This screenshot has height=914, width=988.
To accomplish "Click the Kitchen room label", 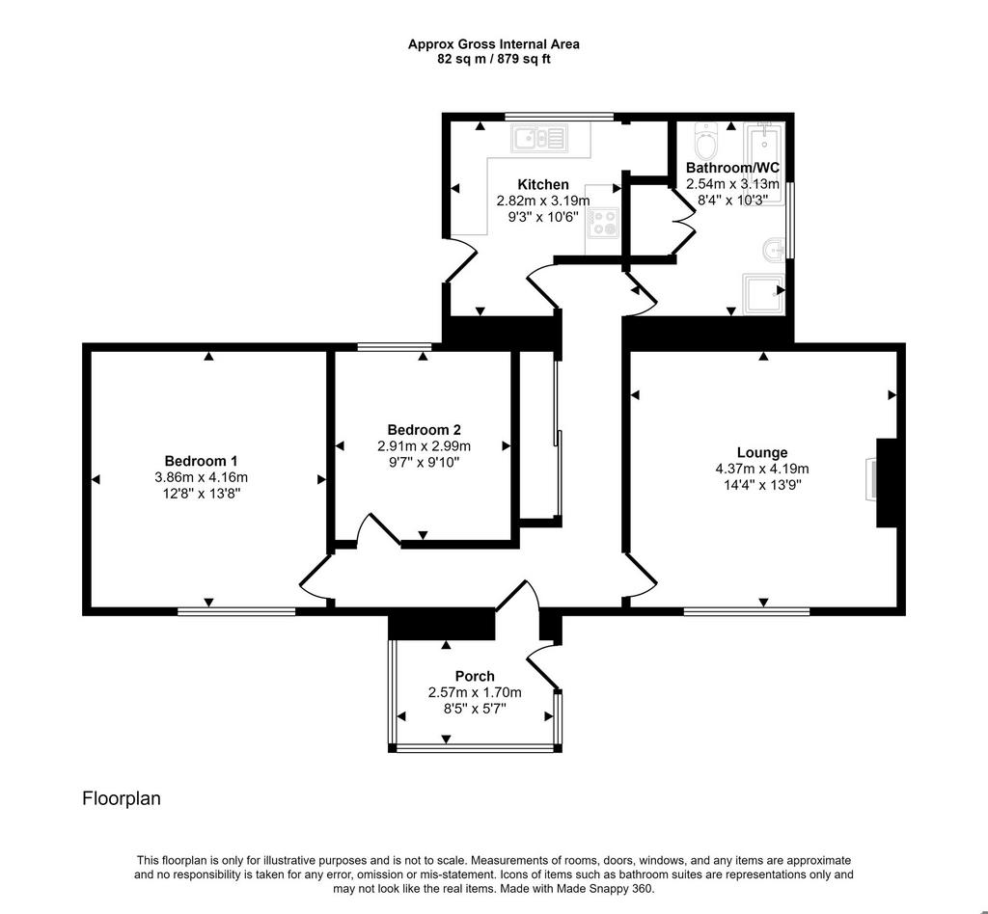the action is coord(543,184).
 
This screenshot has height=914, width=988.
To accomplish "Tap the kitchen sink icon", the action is coord(539,138).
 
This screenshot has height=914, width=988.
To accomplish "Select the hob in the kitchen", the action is coord(603,222).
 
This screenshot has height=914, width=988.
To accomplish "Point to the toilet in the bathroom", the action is coord(705,141).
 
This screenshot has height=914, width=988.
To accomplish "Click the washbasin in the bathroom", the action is coord(774,250).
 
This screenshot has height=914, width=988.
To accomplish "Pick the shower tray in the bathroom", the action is coord(764,293).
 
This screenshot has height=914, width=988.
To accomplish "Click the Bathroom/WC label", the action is coord(733,168).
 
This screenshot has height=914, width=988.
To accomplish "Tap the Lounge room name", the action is coord(762,452).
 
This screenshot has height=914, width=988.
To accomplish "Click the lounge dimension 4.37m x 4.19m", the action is coord(762,469).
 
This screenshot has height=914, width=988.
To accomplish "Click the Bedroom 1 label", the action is coord(201,461).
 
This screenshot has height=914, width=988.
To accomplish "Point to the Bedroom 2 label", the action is coord(425,430).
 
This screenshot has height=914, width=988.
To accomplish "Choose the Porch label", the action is coord(475,676).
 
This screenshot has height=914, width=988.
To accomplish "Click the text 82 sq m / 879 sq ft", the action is coord(494,60).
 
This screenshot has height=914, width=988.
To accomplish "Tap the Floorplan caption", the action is coord(122,798).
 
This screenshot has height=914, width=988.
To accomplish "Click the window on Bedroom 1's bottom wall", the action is coord(236,610).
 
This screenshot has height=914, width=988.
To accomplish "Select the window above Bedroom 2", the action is coord(395,346).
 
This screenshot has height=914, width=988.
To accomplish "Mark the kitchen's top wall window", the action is coord(559,117).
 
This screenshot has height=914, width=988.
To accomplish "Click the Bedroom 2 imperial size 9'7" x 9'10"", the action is coord(425,463).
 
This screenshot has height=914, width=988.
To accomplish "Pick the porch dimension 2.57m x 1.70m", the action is coord(475,692).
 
